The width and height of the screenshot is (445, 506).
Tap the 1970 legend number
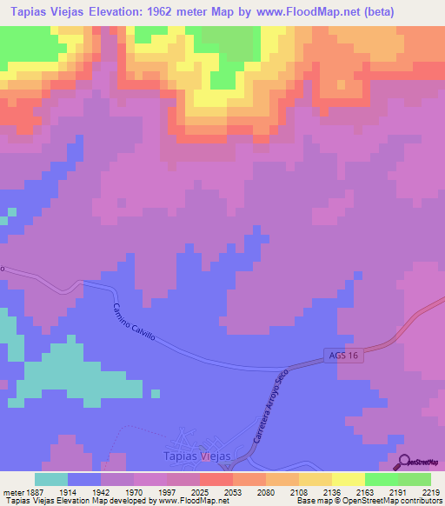tap(133, 491)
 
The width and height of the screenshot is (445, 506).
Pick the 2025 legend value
tap(199, 491)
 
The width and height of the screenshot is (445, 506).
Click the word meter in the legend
tap(11, 491)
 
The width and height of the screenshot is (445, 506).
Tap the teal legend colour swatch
tap(50, 479)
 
